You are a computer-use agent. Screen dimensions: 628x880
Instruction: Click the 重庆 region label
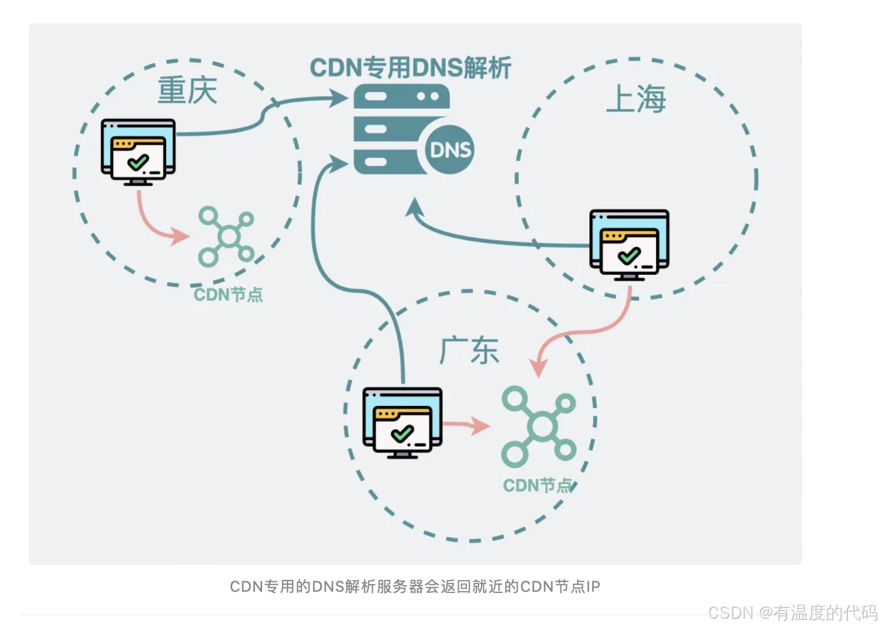pyautogui.click(x=187, y=91)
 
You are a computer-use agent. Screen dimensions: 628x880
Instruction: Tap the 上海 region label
pyautogui.click(x=635, y=98)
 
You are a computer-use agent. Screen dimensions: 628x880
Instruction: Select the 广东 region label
pyautogui.click(x=469, y=351)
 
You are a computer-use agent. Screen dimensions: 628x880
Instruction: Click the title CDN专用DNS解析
pyautogui.click(x=410, y=68)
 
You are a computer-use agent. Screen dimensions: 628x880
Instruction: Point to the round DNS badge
pyautogui.click(x=450, y=150)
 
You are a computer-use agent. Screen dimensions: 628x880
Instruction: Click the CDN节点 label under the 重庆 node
pyautogui.click(x=228, y=295)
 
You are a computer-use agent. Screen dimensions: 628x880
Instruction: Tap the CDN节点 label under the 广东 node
pyautogui.click(x=537, y=485)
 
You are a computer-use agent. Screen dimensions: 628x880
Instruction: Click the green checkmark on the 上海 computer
pyautogui.click(x=629, y=256)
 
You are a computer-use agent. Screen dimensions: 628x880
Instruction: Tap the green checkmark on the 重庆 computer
pyautogui.click(x=138, y=162)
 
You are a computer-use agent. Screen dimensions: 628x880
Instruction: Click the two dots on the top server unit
pyautogui.click(x=428, y=96)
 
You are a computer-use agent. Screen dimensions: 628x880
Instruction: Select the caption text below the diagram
pyautogui.click(x=415, y=586)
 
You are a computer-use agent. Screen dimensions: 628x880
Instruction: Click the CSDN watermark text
pyautogui.click(x=792, y=613)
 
